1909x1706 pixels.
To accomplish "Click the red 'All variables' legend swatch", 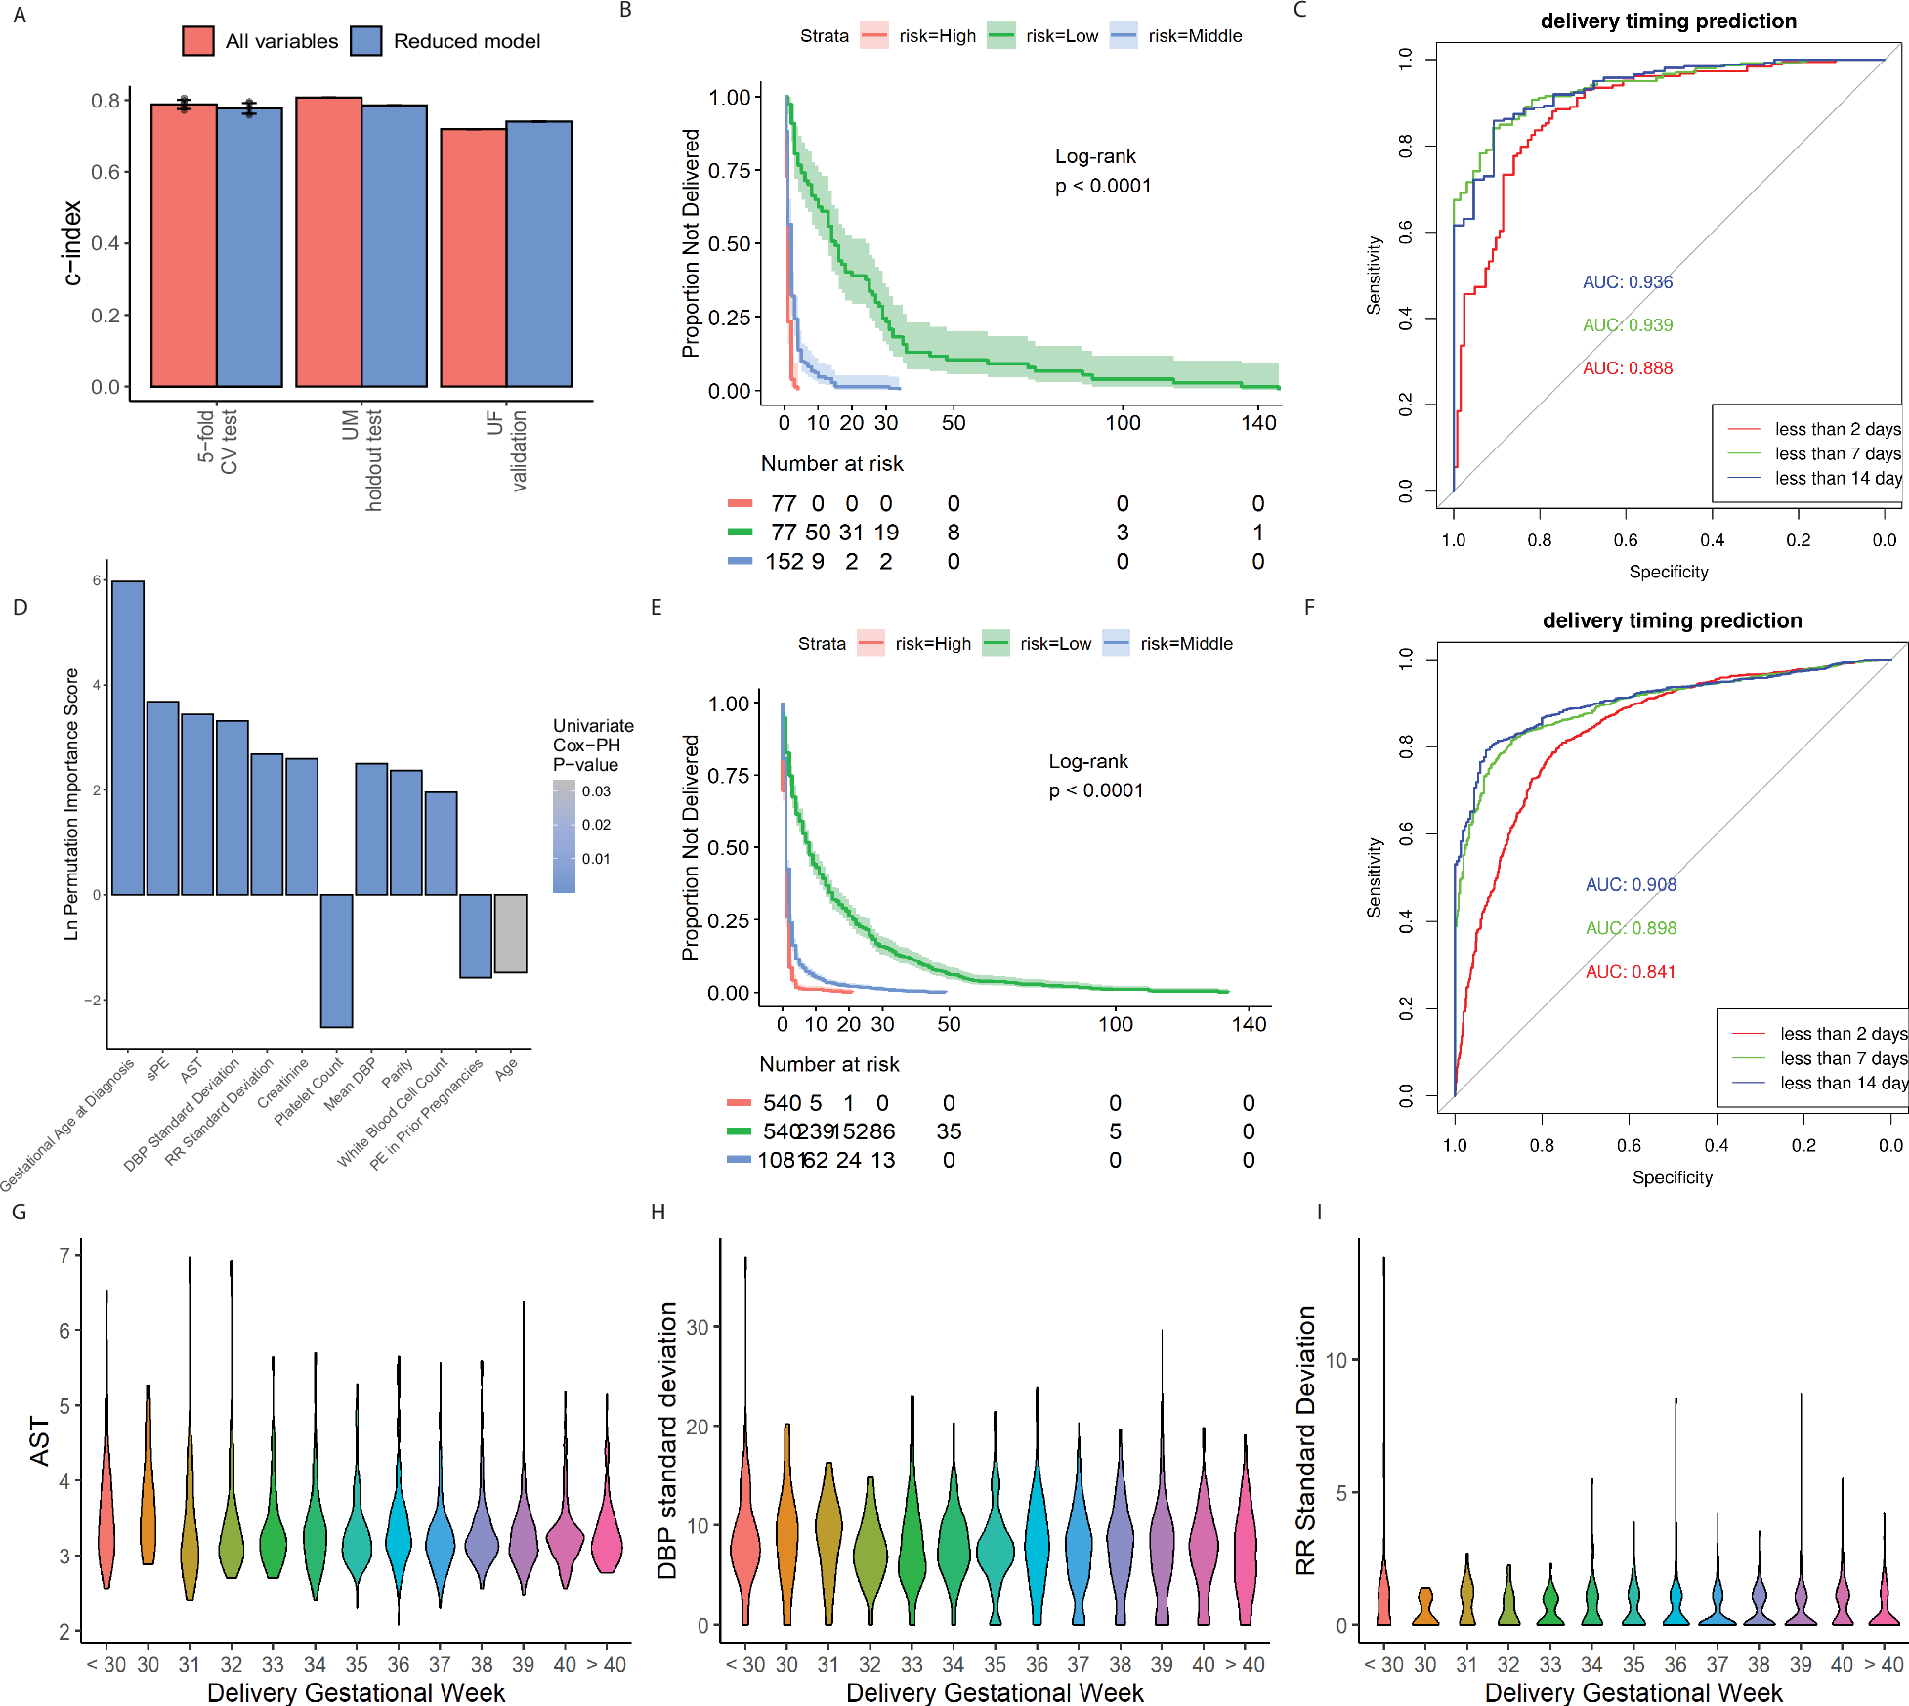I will click(198, 41).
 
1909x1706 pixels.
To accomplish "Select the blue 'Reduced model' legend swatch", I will click(366, 41).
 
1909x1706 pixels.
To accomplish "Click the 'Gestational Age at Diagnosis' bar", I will click(128, 738).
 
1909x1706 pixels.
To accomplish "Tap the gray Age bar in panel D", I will click(510, 933).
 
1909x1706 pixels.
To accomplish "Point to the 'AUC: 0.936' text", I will click(1628, 282).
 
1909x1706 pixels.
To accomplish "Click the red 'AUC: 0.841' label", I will click(1630, 972).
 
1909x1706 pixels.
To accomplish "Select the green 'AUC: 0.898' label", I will click(1631, 928).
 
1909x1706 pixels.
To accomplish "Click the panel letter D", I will click(20, 608).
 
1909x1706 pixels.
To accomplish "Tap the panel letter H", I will click(658, 1213).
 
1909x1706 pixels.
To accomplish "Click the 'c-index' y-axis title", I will click(71, 243).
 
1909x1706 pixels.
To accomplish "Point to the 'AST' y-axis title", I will click(40, 1441).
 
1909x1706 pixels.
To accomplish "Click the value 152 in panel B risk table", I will click(784, 562).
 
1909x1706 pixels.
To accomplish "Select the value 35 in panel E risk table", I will click(949, 1131).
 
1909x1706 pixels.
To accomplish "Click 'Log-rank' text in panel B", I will click(1095, 156).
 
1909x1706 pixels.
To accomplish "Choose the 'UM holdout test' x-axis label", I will click(362, 459).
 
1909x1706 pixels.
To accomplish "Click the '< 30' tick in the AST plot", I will click(106, 1665).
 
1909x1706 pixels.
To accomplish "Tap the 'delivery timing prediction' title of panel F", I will click(1672, 620).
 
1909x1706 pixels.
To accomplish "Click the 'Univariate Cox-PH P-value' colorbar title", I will click(593, 746).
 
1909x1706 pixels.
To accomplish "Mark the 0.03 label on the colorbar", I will click(596, 791).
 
